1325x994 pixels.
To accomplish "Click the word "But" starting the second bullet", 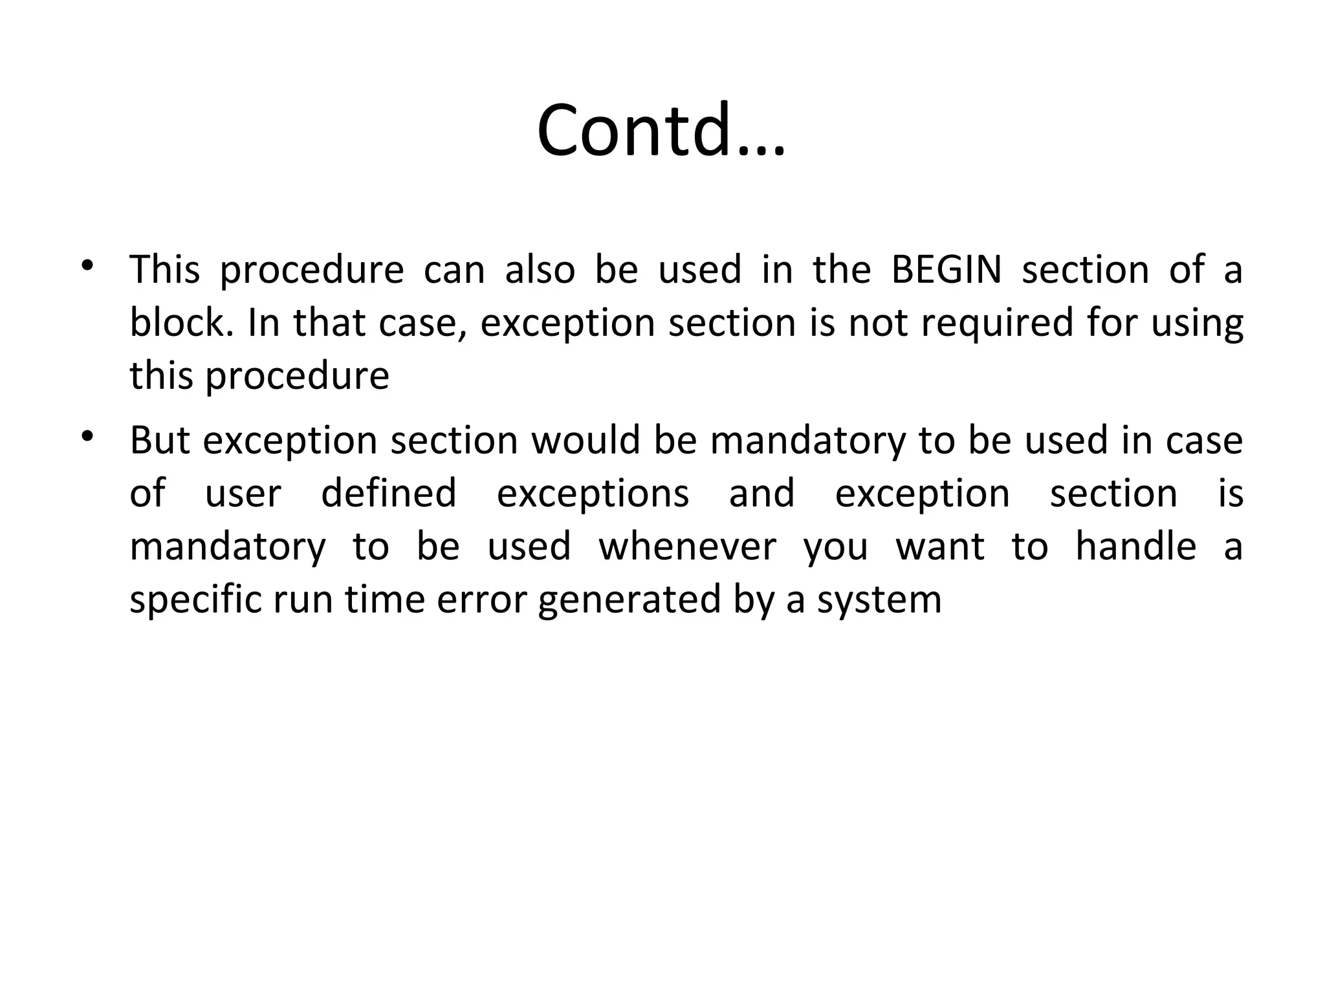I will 159,441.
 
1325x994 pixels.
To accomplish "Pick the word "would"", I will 586,441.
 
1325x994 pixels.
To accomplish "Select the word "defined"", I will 389,494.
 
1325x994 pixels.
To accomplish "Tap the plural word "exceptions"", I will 593,495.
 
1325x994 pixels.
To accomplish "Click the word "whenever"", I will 687,547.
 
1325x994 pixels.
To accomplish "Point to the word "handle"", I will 1135,547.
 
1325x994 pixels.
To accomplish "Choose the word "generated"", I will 629,601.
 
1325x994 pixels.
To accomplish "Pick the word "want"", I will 940,547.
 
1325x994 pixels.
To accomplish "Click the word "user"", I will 243,494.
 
